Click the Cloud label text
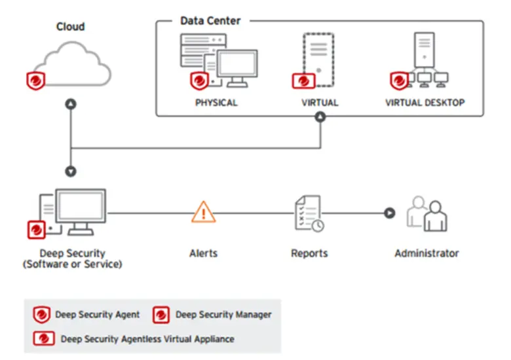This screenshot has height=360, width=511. point(70,27)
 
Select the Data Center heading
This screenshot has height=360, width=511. point(210,21)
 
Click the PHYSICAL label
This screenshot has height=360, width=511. point(216,103)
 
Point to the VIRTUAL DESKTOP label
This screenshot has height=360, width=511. point(425,103)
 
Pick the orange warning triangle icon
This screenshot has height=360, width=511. point(204,212)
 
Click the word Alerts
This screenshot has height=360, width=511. point(203,253)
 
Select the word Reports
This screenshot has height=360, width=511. point(309,253)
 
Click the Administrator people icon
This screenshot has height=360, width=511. point(426,213)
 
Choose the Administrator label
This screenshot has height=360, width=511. point(426,253)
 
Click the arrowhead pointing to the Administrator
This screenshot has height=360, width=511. point(389,212)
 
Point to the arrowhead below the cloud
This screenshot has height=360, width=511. point(71,104)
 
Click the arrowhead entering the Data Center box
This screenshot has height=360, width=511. point(320,117)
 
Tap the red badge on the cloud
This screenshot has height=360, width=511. point(36,81)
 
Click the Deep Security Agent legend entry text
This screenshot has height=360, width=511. point(97,314)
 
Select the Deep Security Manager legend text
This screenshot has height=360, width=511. point(223,314)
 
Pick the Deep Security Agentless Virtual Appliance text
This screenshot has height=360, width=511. point(147,339)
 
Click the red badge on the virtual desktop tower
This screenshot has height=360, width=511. point(398,81)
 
